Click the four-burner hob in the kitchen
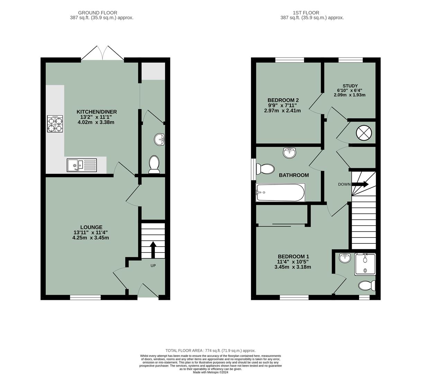[x=55, y=124]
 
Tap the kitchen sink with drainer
[x=82, y=165]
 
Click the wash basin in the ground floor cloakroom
[x=160, y=139]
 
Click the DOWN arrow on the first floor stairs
[x=360, y=184]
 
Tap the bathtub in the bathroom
[x=280, y=193]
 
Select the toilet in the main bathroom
[x=265, y=169]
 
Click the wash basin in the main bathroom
[x=289, y=152]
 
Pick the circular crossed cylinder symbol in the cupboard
[x=364, y=133]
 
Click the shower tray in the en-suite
[x=365, y=264]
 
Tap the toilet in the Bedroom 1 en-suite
[x=367, y=286]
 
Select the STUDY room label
[x=350, y=86]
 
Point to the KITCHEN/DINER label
[x=97, y=112]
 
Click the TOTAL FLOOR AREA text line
[x=210, y=350]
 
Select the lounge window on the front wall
[x=86, y=297]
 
